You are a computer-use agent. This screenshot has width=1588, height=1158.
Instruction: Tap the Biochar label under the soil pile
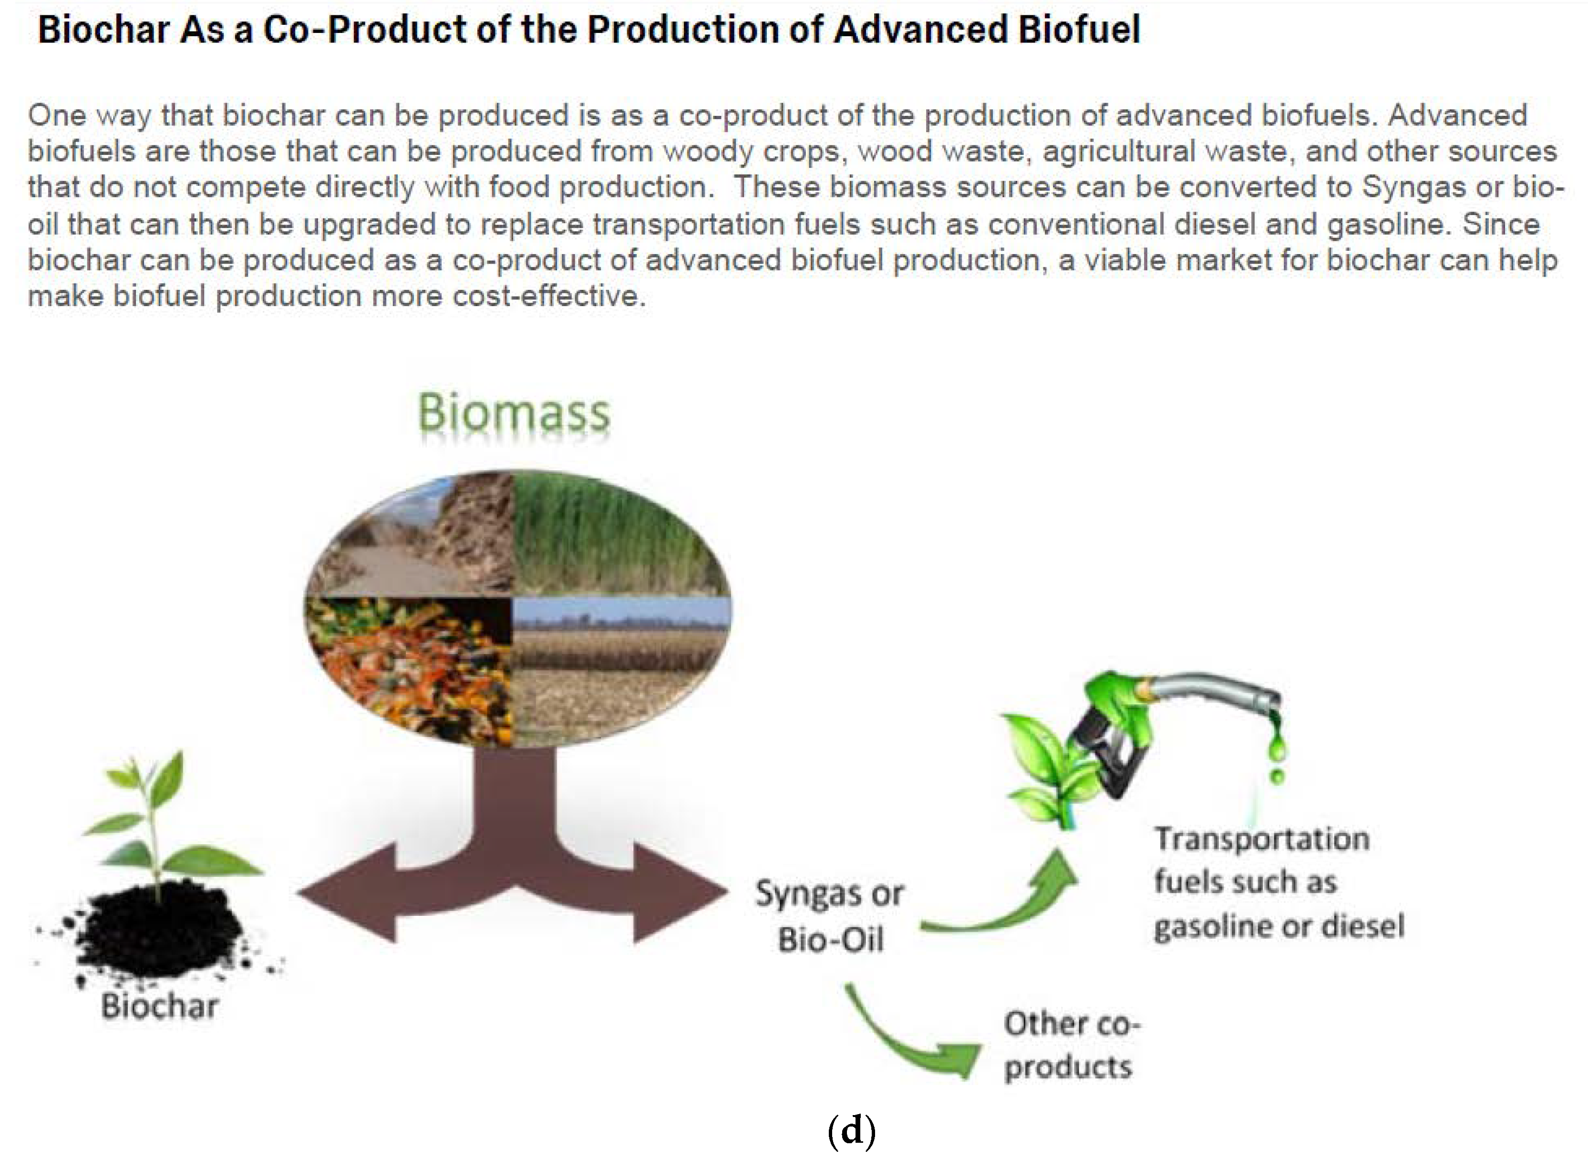point(159,1006)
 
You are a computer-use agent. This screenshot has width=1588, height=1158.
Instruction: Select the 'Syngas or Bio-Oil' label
point(829,916)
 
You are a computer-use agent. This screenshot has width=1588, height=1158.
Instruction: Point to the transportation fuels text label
point(1278,882)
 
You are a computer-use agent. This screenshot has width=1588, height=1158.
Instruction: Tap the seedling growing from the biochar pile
point(161,820)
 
